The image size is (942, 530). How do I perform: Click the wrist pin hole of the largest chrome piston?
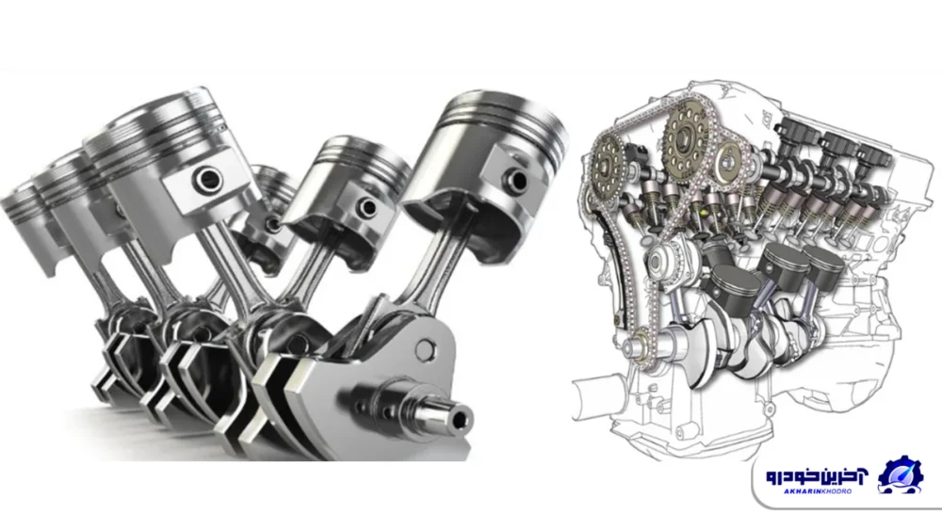coord(208,178)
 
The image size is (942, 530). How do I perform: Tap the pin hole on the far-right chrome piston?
coord(516,180)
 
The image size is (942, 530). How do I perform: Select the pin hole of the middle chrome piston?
coord(367,208)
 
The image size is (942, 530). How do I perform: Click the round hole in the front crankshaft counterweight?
coord(425,349)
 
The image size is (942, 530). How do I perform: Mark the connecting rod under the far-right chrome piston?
coord(442,265)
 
